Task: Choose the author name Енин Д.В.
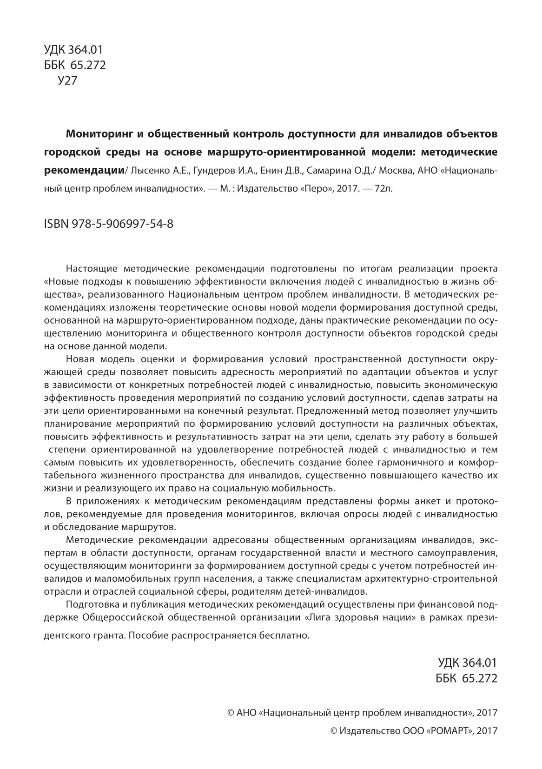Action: [280, 171]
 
